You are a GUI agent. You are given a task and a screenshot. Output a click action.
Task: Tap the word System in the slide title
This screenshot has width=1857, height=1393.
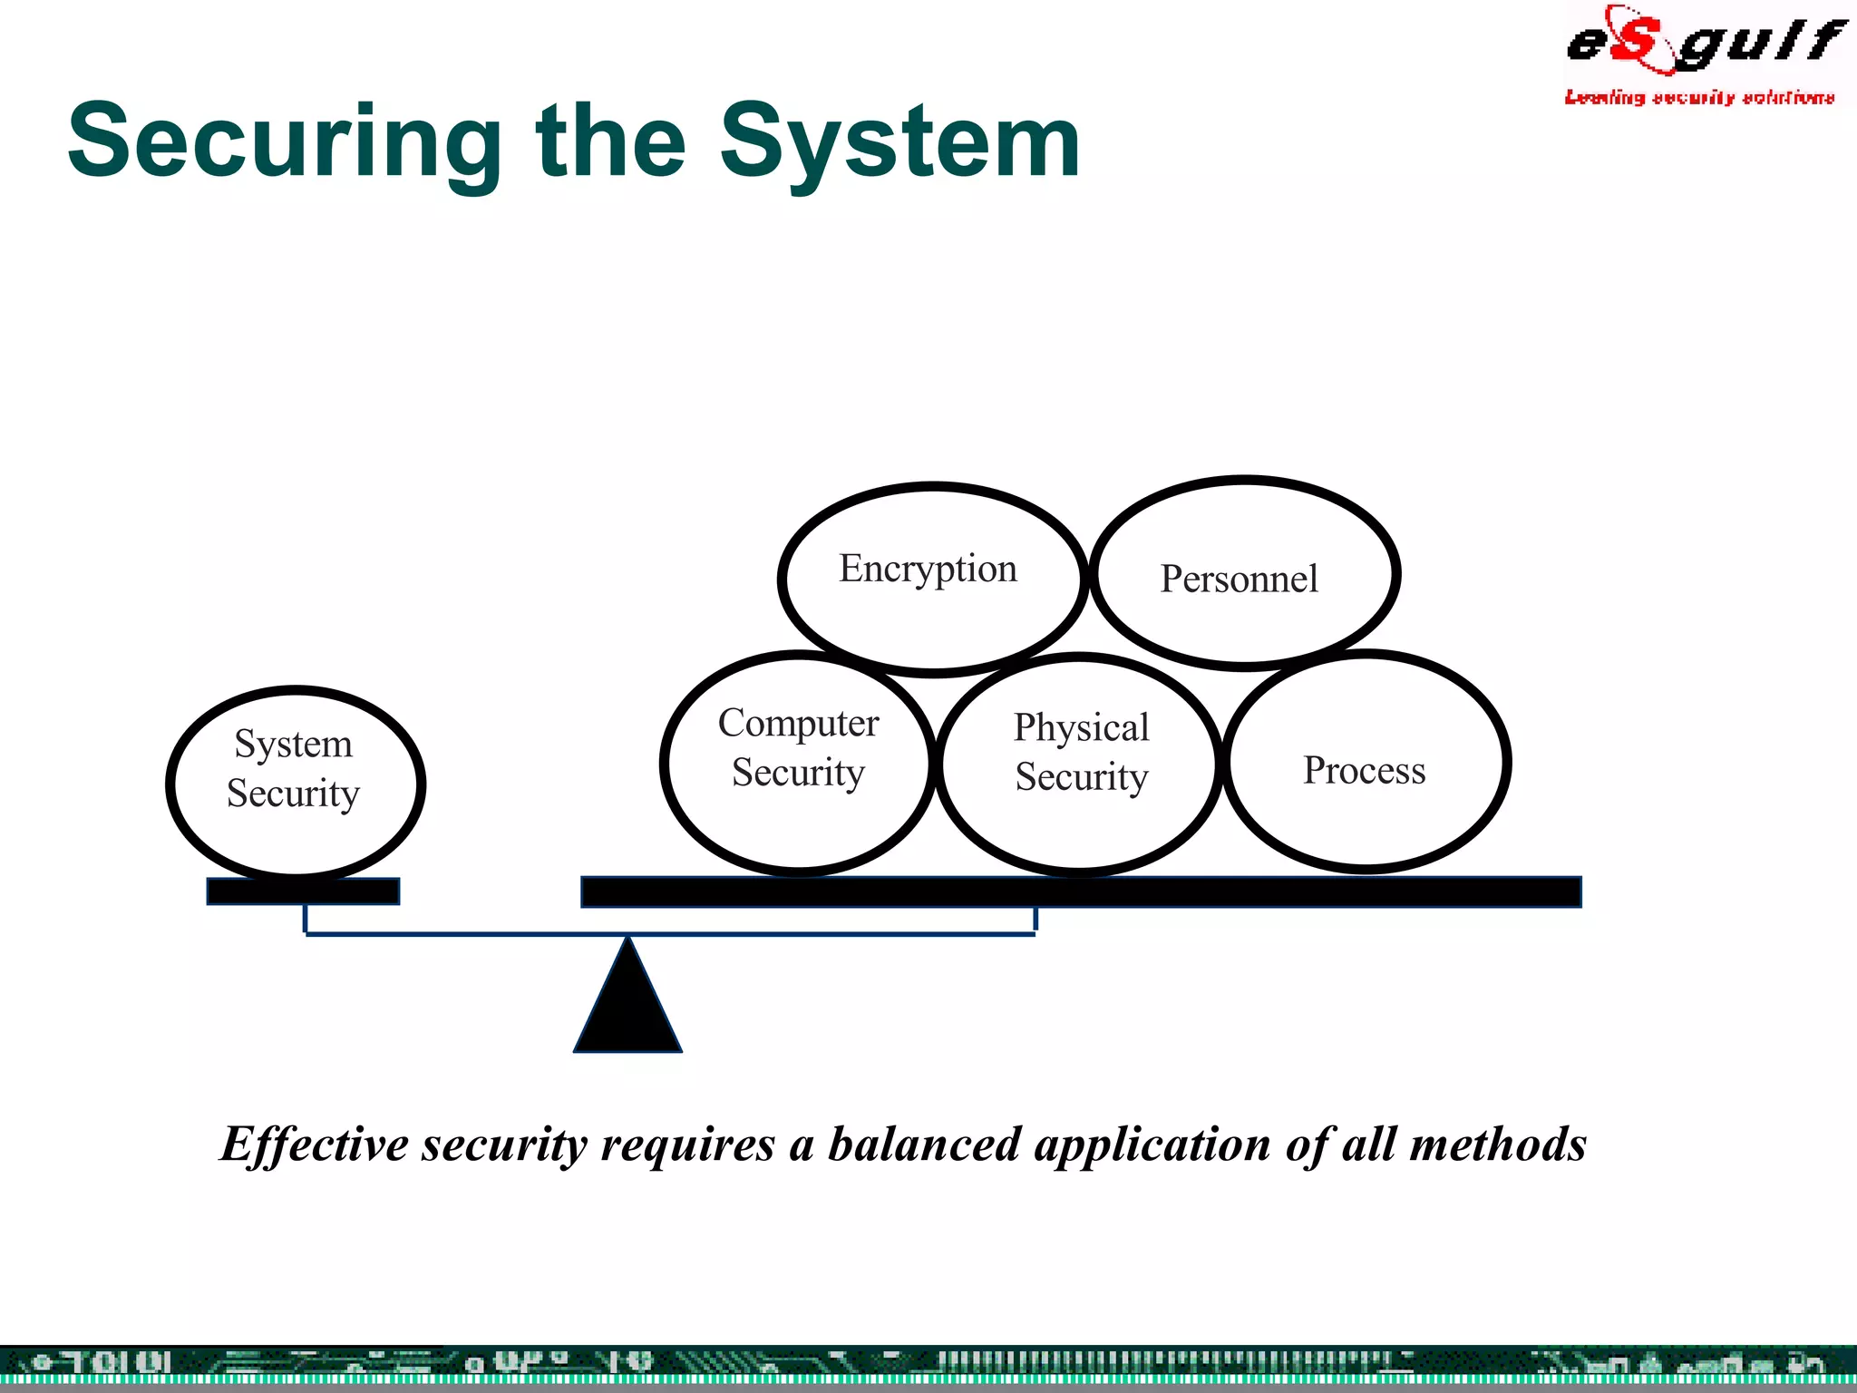point(899,142)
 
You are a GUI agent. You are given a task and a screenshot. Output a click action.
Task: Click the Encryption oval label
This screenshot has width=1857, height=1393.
point(928,570)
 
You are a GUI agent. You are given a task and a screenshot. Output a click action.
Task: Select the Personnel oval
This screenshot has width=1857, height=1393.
point(1239,579)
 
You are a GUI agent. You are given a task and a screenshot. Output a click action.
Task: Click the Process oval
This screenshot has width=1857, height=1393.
point(1364,770)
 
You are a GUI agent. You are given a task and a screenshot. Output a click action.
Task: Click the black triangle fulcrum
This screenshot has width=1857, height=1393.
point(627,1007)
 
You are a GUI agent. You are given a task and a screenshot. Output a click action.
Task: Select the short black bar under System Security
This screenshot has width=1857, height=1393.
point(303,891)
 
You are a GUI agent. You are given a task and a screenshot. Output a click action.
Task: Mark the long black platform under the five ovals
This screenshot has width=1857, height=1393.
point(1081,891)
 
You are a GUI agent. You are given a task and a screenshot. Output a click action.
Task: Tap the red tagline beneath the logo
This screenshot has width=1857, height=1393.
point(1699,97)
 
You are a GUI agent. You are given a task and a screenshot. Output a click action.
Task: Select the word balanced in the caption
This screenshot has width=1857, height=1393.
point(924,1145)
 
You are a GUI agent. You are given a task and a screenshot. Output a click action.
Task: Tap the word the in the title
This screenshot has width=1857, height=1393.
point(611,142)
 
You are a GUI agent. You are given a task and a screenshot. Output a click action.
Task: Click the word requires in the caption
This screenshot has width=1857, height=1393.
point(687,1145)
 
